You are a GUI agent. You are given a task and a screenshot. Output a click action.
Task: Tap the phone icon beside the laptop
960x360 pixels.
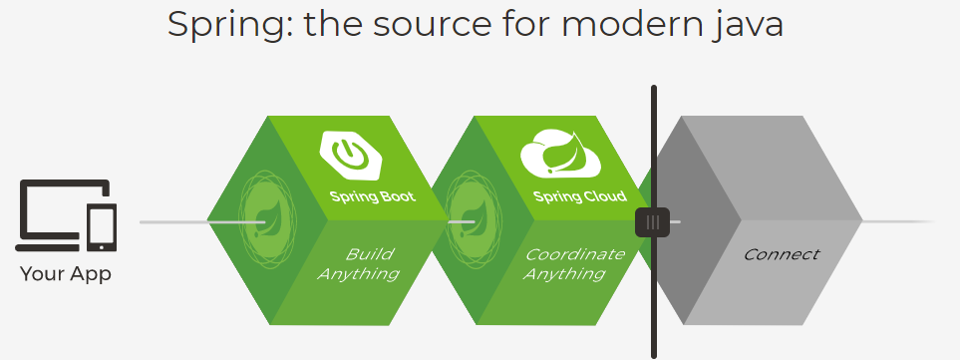[x=101, y=226]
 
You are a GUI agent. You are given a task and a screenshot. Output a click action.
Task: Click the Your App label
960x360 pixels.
[x=66, y=274]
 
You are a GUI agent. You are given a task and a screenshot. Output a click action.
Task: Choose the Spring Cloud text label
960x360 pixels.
[x=579, y=196]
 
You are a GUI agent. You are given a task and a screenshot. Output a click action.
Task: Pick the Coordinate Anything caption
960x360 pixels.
[x=573, y=263]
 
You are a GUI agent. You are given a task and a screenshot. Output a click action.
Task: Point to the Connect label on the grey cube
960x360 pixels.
[x=781, y=254]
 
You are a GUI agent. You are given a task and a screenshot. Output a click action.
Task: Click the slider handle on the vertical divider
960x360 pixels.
[x=653, y=221]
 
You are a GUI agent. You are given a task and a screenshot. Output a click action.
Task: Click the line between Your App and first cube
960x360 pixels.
[x=174, y=221]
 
